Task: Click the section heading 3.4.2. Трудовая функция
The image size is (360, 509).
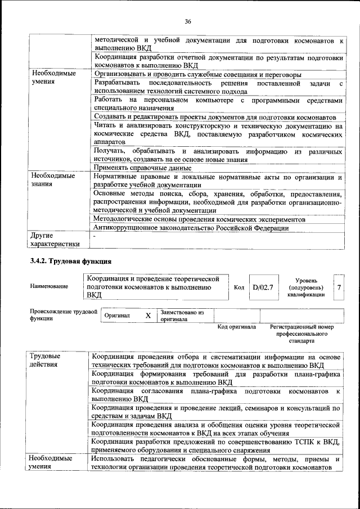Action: tap(70, 262)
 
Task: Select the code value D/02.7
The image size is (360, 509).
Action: tap(263, 287)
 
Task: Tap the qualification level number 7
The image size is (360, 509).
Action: tap(339, 287)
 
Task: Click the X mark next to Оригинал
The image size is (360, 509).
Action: tap(148, 316)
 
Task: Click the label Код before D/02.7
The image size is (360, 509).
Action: tap(239, 287)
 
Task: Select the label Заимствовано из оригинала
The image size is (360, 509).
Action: tap(182, 316)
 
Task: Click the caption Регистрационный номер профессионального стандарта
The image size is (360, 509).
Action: tap(301, 334)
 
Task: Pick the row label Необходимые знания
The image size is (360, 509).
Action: tap(53, 179)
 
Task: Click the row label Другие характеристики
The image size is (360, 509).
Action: tap(55, 239)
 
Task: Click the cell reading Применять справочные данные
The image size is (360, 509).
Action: tap(142, 168)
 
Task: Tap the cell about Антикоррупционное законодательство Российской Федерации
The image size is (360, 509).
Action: tap(191, 228)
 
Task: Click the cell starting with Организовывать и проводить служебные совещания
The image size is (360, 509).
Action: tap(197, 74)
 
